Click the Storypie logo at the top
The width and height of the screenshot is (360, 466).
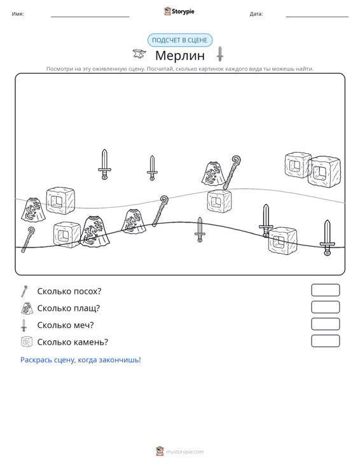[179, 11]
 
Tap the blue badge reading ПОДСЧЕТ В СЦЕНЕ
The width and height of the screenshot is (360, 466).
[180, 40]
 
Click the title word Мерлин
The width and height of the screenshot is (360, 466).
[180, 55]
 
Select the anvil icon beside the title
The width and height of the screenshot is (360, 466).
[139, 54]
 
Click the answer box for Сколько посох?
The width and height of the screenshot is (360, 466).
[325, 290]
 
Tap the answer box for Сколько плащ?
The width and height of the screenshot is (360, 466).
[325, 307]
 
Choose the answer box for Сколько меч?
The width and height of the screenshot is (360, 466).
[325, 324]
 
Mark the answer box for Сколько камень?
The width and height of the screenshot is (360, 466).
[325, 341]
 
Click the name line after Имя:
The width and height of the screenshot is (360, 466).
[90, 17]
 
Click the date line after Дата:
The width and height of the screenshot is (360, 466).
[317, 17]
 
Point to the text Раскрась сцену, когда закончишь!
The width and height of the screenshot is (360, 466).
[81, 360]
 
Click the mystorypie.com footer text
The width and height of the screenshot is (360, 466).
[185, 452]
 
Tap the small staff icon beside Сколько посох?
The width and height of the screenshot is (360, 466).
[24, 291]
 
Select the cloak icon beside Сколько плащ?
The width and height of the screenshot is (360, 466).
[27, 308]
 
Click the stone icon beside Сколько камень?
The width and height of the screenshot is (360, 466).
[27, 342]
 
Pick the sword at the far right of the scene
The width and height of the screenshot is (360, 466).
[327, 238]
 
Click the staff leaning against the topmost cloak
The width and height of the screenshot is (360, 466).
[232, 172]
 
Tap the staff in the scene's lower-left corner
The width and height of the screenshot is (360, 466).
[27, 240]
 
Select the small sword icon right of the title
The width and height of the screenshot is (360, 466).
[219, 54]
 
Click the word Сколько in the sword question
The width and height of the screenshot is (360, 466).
[52, 325]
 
